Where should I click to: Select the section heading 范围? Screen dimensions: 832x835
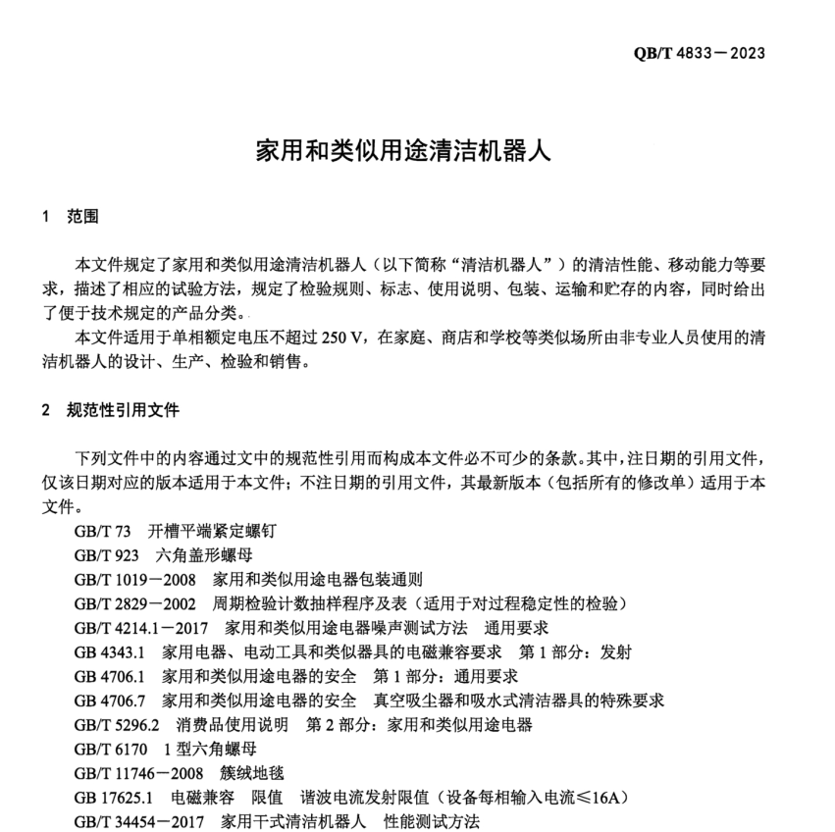pyautogui.click(x=83, y=216)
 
